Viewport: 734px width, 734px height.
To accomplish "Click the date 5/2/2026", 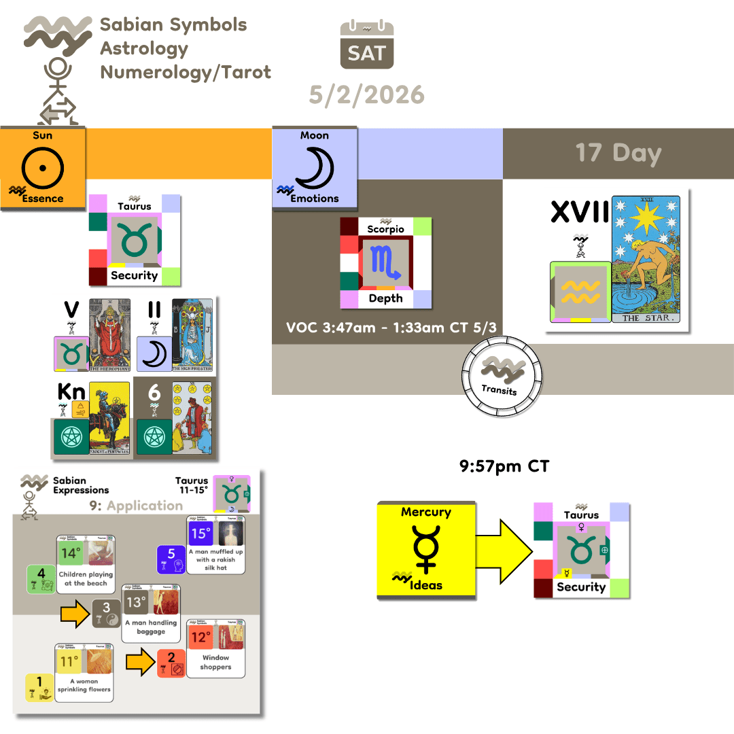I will pyautogui.click(x=367, y=94).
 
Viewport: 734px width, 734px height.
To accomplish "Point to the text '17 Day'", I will pyautogui.click(x=618, y=153).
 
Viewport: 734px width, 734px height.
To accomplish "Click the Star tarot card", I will pyautogui.click(x=646, y=259).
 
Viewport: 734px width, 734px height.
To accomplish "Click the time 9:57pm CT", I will pyautogui.click(x=503, y=467).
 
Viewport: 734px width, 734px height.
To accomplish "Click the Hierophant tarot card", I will pyautogui.click(x=111, y=336).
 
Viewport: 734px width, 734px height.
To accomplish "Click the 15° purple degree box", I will pyautogui.click(x=198, y=534).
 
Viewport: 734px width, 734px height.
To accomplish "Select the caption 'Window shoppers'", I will pyautogui.click(x=216, y=662).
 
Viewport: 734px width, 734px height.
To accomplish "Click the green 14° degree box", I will pyautogui.click(x=71, y=554).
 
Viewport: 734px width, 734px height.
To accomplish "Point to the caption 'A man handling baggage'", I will pyautogui.click(x=151, y=627).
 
